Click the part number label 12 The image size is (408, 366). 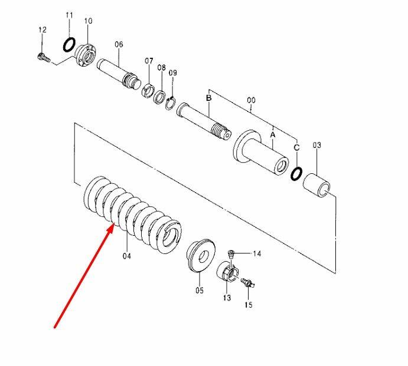tap(43, 30)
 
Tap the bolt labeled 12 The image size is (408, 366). tap(44, 57)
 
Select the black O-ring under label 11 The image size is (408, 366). tap(70, 44)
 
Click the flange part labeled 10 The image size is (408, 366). tap(86, 55)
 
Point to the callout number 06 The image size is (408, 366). tap(119, 44)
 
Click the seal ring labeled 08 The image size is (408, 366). tap(160, 96)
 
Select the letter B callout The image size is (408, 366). tap(208, 98)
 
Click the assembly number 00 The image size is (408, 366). tap(251, 100)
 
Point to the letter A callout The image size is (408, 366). tap(272, 135)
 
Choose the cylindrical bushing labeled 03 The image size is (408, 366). tap(317, 184)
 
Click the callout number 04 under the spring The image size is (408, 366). tap(127, 256)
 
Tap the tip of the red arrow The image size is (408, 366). tap(113, 224)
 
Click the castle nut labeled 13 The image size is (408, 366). tap(228, 272)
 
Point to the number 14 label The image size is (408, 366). tap(257, 253)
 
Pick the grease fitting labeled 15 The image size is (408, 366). tap(248, 282)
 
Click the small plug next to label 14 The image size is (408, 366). tap(231, 253)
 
